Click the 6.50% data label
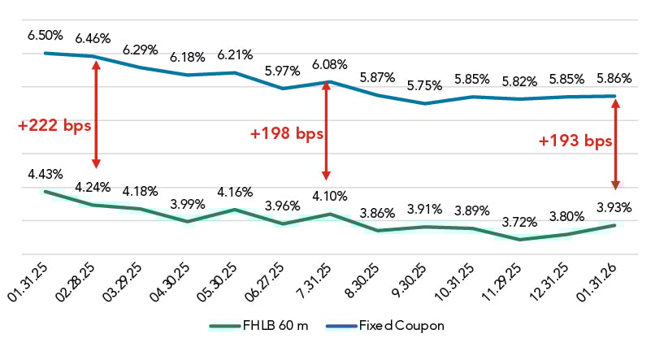click(44, 36)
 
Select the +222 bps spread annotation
click(54, 126)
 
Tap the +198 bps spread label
click(286, 133)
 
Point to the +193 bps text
click(575, 141)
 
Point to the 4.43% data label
click(44, 174)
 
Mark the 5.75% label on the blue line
click(424, 85)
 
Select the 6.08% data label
click(329, 63)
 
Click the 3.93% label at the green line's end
click(614, 207)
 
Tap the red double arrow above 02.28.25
click(96, 115)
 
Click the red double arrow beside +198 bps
click(327, 130)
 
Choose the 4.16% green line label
click(234, 193)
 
